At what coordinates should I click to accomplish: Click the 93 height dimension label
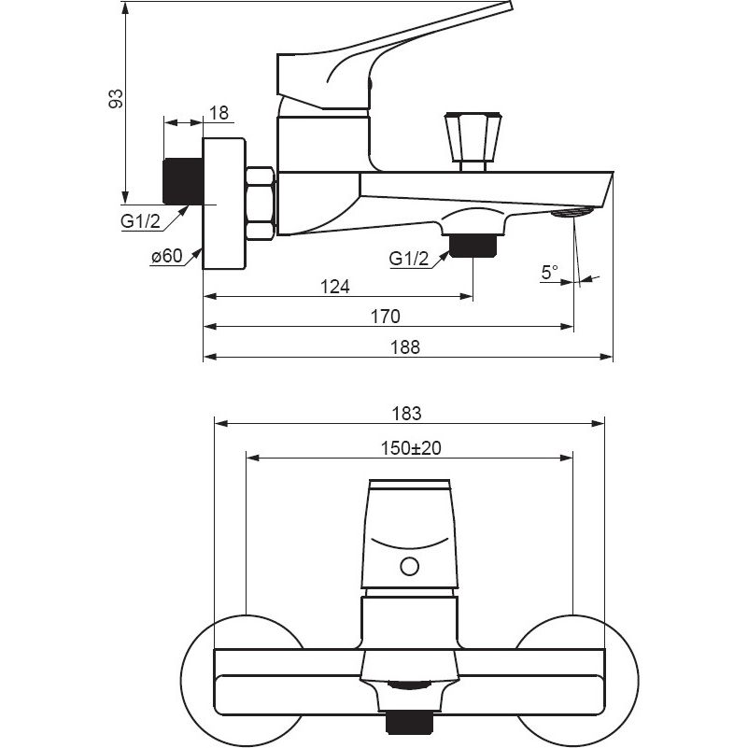tap(116, 98)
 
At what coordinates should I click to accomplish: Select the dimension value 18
tap(219, 113)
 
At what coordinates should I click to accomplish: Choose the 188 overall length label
tap(405, 346)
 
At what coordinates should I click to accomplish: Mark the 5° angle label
tap(549, 272)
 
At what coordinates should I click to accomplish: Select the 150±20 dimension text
tap(411, 448)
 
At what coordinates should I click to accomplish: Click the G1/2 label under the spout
tap(409, 259)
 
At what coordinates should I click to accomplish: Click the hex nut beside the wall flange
tap(260, 203)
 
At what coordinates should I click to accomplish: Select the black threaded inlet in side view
tap(183, 181)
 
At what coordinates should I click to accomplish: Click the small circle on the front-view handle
tap(409, 565)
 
